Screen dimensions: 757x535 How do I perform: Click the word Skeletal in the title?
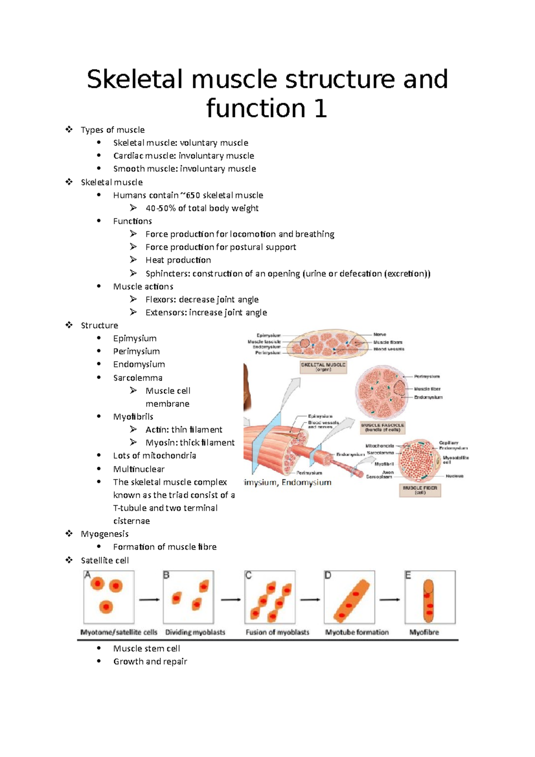pos(136,79)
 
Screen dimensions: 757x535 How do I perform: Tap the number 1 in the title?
pos(320,109)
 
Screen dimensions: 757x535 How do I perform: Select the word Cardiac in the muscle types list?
pos(128,156)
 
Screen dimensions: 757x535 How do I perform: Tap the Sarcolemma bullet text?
pos(137,378)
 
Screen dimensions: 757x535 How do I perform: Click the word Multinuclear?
pos(139,469)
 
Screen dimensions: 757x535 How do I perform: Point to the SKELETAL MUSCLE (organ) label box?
pos(323,367)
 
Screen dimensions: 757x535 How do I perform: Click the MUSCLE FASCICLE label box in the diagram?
pos(383,428)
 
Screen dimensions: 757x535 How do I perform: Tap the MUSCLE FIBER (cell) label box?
pos(420,490)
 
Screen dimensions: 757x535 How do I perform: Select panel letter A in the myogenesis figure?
pos(87,575)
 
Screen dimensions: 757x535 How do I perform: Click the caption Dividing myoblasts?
pos(195,632)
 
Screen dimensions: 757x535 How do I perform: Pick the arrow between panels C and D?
pos(309,600)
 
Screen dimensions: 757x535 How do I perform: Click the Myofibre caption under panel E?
pos(424,632)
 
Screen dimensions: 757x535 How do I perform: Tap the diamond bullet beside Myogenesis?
pos(69,534)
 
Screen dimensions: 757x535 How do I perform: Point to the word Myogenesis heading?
pos(104,534)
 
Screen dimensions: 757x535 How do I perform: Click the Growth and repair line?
pos(150,662)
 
